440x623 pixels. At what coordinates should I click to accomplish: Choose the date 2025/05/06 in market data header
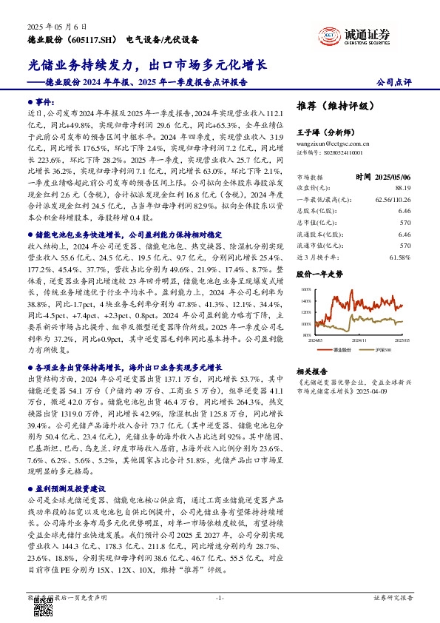coord(392,177)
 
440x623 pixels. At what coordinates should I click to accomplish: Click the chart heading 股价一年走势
coord(319,273)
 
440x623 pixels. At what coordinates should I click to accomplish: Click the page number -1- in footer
coord(220,596)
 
